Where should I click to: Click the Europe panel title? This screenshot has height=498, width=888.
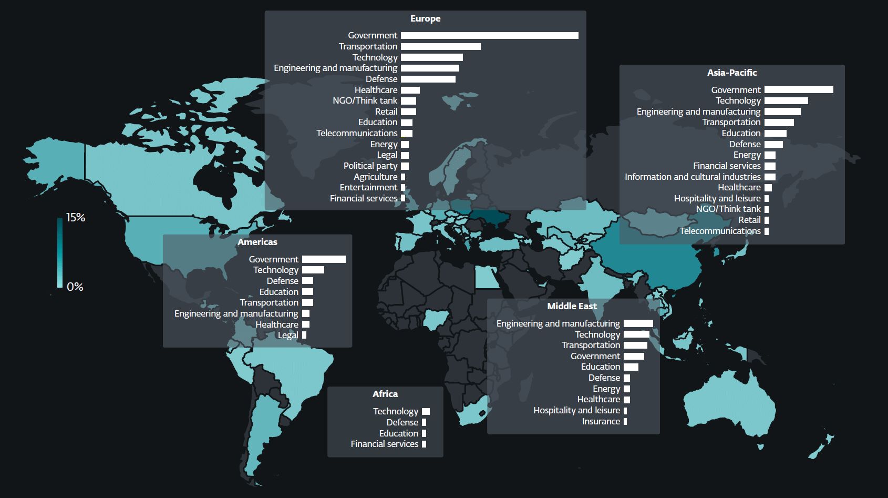425,18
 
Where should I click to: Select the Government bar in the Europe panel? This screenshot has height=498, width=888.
489,35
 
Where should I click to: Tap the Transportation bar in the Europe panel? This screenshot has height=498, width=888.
440,46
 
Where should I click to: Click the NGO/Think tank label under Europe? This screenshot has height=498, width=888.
365,100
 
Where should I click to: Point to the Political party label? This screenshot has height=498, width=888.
370,166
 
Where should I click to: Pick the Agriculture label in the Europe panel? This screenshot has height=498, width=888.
375,177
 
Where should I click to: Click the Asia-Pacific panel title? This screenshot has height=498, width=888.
731,73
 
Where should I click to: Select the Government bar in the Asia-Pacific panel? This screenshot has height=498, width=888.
799,90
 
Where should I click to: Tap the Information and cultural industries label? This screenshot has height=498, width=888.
692,177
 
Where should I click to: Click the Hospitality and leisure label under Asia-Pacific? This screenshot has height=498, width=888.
717,198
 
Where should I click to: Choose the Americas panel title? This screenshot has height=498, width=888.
257,242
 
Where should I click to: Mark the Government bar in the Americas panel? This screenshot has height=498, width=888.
324,259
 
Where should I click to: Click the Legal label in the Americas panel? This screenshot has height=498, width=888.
287,335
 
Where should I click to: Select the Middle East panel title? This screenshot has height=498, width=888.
572,306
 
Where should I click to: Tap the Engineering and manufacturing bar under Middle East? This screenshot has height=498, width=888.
638,323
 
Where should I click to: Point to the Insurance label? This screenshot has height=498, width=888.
601,421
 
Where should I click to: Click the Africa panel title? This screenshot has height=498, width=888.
385,394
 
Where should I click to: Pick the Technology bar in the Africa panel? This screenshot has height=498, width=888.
426,411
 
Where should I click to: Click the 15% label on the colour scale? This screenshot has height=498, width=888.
76,218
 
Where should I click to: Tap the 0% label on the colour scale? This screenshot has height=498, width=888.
75,287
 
